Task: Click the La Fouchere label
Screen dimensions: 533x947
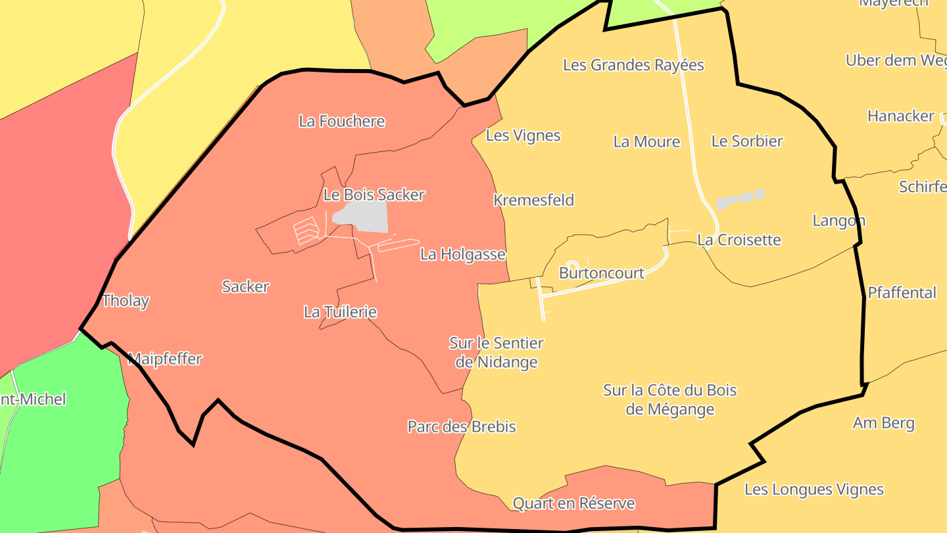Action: point(341,121)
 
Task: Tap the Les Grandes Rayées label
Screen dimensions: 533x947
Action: point(633,65)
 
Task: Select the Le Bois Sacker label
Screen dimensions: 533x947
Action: point(374,195)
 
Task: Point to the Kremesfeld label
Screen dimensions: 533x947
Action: point(533,200)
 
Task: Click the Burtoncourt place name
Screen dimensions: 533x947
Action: point(601,272)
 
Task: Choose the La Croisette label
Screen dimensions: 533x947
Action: point(739,240)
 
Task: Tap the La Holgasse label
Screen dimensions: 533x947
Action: point(462,254)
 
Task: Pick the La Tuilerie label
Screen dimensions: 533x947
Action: point(340,312)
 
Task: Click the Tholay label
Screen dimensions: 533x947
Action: point(125,301)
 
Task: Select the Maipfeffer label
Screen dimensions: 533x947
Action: point(165,359)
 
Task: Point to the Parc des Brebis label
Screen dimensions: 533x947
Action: point(462,426)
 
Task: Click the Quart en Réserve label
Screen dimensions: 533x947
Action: point(573,504)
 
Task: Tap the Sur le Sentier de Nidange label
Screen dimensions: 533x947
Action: point(497,353)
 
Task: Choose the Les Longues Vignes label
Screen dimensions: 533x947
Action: point(813,490)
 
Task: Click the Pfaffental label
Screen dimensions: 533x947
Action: point(901,293)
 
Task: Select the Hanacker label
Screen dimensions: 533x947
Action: point(900,116)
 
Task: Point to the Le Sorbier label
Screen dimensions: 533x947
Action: point(747,141)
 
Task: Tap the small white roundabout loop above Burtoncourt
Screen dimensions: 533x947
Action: point(572,265)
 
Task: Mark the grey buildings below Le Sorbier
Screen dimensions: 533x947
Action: point(741,199)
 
